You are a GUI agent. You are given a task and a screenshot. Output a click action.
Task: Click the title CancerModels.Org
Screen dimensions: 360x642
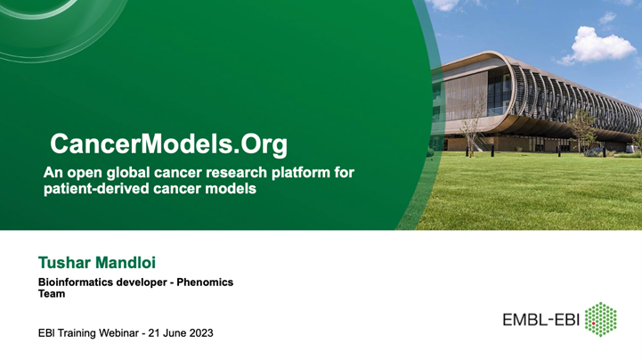click(169, 143)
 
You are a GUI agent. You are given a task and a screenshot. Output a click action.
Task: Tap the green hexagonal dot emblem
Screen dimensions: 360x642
click(601, 320)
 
